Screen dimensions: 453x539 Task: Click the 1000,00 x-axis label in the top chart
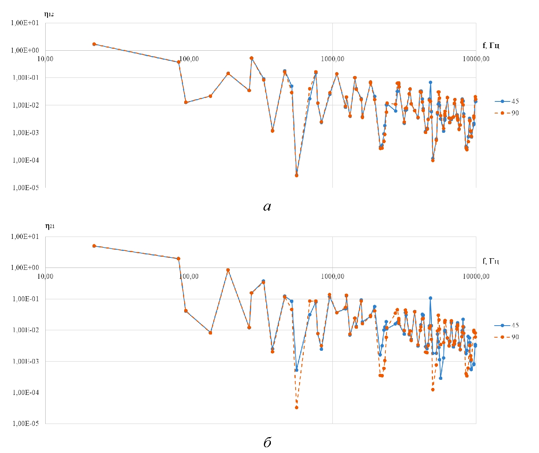click(332, 59)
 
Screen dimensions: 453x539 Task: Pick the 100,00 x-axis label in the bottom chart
click(189, 276)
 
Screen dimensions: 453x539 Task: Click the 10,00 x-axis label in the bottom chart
click(45, 276)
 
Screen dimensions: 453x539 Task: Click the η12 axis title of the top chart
click(49, 15)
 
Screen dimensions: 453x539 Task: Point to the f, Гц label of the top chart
click(491, 46)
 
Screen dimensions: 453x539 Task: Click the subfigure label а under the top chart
click(267, 207)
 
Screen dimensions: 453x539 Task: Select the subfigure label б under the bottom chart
click(267, 442)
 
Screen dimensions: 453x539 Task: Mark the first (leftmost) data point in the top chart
click(94, 44)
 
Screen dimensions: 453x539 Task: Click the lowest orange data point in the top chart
click(296, 175)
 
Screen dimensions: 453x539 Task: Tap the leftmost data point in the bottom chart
click(94, 246)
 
